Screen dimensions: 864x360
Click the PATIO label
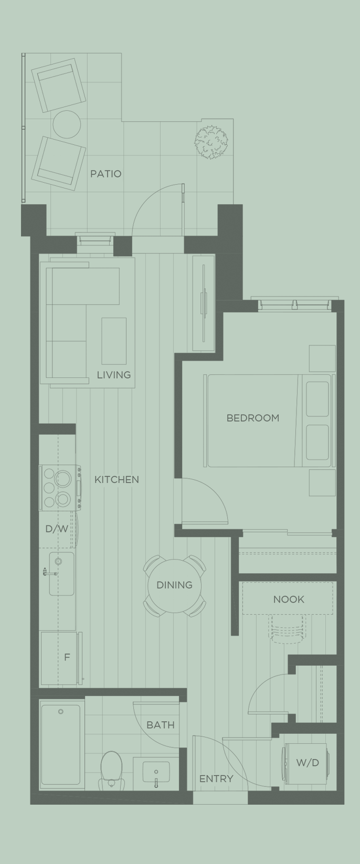tap(105, 174)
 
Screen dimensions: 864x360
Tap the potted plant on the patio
tap(211, 141)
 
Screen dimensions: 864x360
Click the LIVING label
tap(113, 375)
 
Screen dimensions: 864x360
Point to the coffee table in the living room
tap(114, 341)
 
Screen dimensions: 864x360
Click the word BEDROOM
tap(252, 418)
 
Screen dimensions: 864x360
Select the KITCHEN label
tap(117, 479)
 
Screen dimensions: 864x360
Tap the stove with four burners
tap(58, 488)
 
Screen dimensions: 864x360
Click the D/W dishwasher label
tap(56, 529)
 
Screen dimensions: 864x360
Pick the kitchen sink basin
tap(62, 573)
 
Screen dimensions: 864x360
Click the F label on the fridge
tap(67, 657)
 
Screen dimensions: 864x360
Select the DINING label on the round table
tap(174, 585)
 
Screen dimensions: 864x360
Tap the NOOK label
tap(289, 599)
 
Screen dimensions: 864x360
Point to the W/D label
tap(307, 763)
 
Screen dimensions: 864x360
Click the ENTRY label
tap(216, 779)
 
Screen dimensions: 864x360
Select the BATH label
tap(160, 725)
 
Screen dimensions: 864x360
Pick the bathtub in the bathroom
tap(61, 744)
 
